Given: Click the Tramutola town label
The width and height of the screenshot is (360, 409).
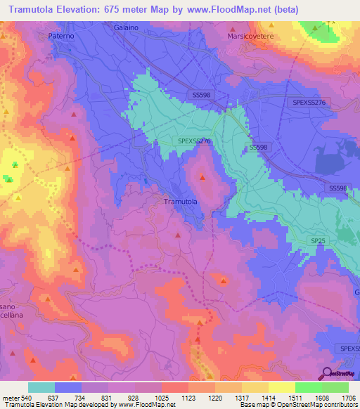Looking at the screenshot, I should tap(180, 202).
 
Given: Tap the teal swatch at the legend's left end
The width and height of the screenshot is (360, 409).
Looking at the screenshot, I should tap(41, 387).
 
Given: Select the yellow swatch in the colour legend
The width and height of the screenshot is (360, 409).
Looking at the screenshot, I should tap(281, 387).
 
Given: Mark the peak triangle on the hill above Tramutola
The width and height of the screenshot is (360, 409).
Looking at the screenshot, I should tap(202, 176).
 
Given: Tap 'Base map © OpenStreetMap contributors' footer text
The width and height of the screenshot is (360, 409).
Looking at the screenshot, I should tap(298, 405).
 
